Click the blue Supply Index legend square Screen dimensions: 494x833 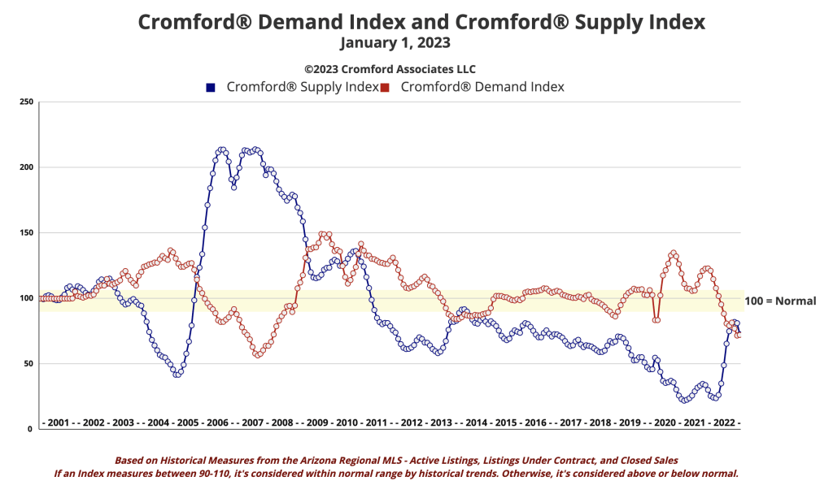tap(211, 87)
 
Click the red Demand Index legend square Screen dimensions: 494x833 tap(386, 87)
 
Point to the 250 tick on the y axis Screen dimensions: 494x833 tap(27, 102)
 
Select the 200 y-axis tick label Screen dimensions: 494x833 tap(27, 167)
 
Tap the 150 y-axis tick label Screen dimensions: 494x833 tap(27, 233)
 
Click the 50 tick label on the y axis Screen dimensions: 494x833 tap(28, 364)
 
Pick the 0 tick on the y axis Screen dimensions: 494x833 tap(31, 429)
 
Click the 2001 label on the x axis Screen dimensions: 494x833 tap(59, 423)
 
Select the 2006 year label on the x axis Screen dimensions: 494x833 tap(217, 423)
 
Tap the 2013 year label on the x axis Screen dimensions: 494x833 tap(441, 423)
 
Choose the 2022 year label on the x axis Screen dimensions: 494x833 tap(723, 423)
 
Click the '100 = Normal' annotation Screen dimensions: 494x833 tap(780, 301)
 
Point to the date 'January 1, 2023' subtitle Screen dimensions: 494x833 tap(395, 42)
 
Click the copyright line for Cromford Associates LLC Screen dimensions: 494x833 tap(390, 69)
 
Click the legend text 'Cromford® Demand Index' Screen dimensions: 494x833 tap(482, 87)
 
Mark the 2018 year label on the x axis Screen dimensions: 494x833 tap(600, 423)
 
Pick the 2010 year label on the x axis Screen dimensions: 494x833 tap(347, 423)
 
